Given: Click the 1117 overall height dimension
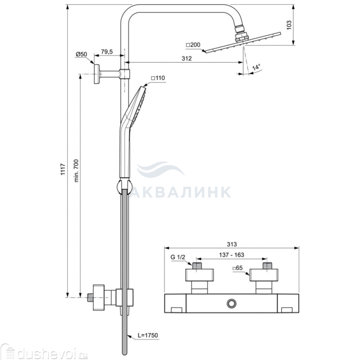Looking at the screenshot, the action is coord(63,169).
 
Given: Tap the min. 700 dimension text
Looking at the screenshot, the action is coord(76,171).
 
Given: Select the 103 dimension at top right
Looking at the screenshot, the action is coord(289,25).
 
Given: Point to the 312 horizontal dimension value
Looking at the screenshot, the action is coord(186,58).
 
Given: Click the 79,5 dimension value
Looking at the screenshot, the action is coord(107,51).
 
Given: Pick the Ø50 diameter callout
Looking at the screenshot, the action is coord(81,54).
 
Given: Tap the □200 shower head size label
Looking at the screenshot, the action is coord(193,45).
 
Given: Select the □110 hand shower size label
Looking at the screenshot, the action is coord(158,78).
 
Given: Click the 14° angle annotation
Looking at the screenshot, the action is coord(257,67).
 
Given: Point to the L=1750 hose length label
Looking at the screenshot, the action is coord(148,335).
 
